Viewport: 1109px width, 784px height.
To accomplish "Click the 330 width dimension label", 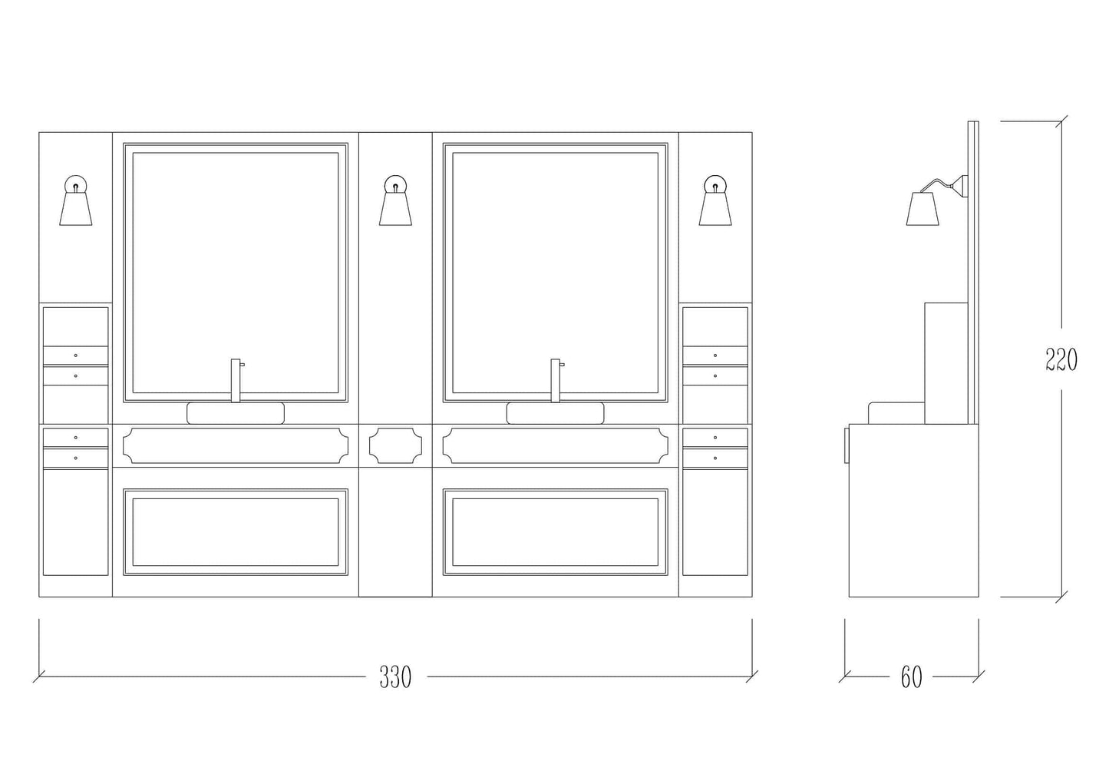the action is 395,676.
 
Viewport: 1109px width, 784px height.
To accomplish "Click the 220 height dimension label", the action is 1061,359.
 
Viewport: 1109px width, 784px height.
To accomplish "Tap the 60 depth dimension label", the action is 912,677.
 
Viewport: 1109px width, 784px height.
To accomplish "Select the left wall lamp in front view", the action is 76,200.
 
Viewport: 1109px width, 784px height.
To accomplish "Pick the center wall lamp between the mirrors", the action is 395,200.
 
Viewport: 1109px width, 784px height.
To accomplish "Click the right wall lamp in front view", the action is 715,200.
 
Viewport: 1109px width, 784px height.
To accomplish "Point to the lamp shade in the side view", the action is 923,209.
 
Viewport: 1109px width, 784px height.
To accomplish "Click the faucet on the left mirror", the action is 236,380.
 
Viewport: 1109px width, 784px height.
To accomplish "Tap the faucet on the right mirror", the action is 556,380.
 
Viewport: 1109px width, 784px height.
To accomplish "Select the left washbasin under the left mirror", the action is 236,413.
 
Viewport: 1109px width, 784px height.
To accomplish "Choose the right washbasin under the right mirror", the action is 556,413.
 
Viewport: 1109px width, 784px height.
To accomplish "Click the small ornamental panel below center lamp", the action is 395,445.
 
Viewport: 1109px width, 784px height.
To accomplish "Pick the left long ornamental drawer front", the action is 236,445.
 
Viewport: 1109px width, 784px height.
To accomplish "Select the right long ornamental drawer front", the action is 556,445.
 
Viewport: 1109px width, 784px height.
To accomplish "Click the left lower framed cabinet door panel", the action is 236,532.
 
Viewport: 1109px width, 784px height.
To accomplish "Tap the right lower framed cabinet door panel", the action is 556,532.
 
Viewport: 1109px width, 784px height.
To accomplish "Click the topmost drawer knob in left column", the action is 76,355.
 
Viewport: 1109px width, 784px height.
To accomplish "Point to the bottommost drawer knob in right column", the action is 715,458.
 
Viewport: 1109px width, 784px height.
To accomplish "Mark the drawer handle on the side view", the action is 847,445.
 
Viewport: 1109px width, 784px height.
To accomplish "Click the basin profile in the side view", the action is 896,413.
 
